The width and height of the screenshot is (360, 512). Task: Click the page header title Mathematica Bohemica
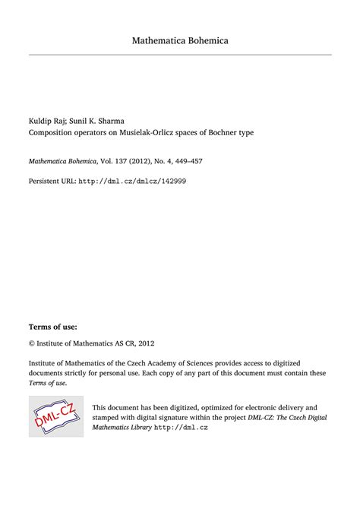coord(180,40)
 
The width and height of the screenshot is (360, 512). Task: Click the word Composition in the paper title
coord(52,132)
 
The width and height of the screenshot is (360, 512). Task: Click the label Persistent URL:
coord(52,182)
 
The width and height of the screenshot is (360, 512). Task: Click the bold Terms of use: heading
coord(52,327)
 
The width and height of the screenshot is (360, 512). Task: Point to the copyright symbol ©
coord(32,343)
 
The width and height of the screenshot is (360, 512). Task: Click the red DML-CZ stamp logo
coord(55,416)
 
